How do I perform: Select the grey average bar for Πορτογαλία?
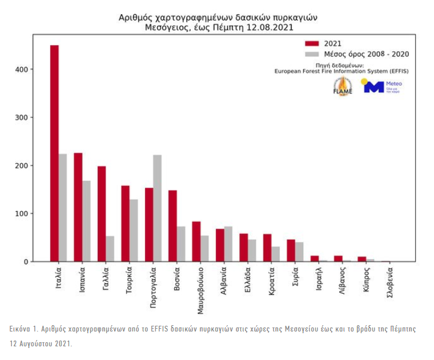point(157,208)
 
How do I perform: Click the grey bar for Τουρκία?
point(134,230)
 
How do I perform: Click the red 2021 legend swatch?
point(311,43)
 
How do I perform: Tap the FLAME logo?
point(343,86)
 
